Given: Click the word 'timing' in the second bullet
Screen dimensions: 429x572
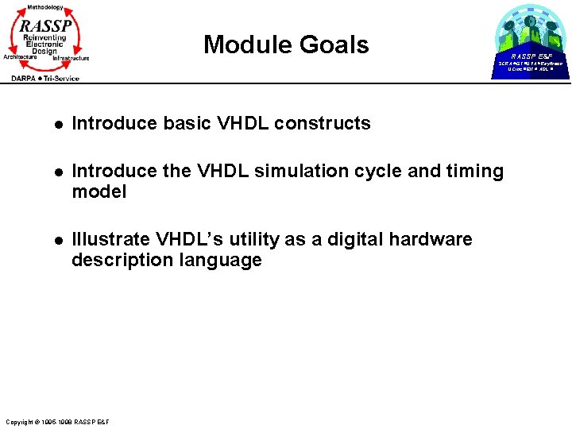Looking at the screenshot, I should (x=475, y=172).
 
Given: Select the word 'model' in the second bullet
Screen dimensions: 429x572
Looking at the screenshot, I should (x=99, y=192).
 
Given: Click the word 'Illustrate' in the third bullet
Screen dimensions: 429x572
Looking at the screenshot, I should (x=109, y=240).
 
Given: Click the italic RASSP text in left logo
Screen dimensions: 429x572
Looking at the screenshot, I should (x=46, y=25).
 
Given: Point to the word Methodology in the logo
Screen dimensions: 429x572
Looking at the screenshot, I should (x=45, y=7).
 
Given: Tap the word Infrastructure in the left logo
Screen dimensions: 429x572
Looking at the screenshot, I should (x=71, y=58).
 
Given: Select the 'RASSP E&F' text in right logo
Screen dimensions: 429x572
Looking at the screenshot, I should (x=531, y=56).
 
